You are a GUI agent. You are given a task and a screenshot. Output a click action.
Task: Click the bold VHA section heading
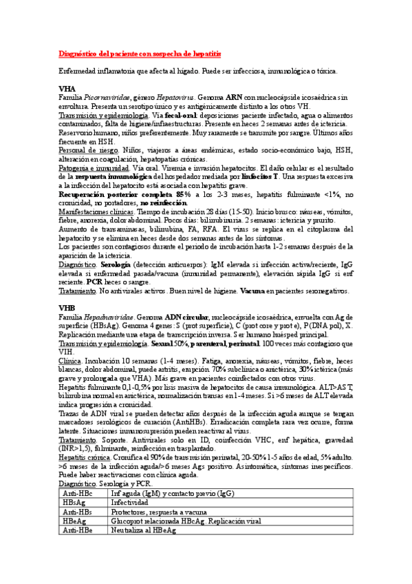67,89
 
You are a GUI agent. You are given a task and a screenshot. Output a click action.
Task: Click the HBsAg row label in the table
75,503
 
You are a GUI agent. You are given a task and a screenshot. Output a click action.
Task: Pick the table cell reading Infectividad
132,503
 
